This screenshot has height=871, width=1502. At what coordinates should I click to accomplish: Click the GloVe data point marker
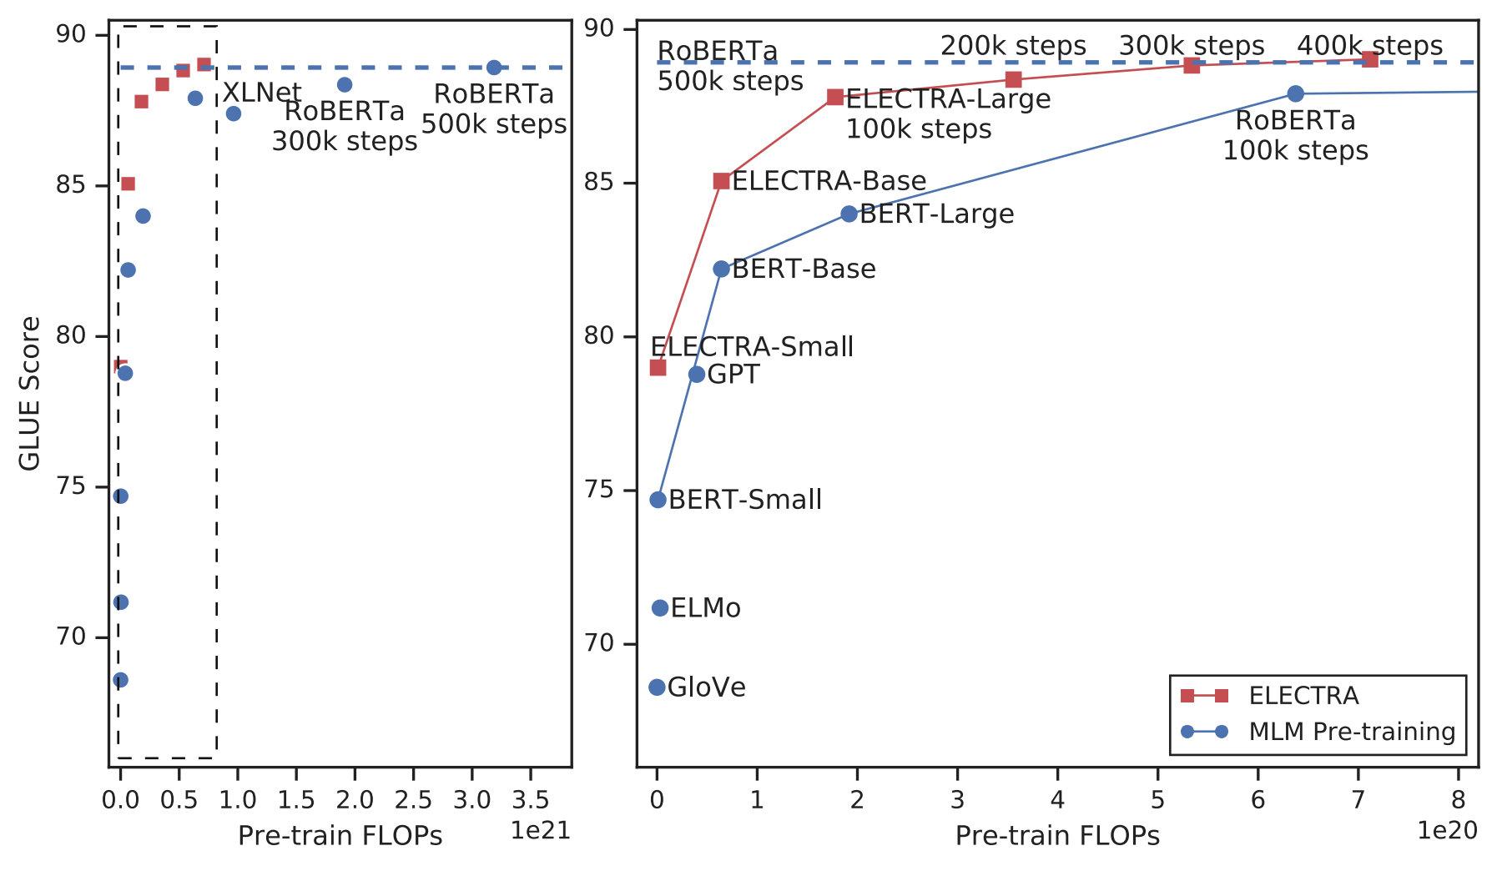pos(657,687)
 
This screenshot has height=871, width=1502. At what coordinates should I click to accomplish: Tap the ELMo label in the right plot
pos(705,608)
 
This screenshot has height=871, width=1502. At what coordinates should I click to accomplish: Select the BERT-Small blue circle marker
pos(658,500)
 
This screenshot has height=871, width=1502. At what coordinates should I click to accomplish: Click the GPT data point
pos(697,375)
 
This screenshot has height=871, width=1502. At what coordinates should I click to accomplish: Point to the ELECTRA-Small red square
pos(658,367)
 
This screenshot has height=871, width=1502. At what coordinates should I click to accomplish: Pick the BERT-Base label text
pos(803,269)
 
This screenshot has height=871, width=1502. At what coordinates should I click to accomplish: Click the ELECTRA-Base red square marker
pos(722,181)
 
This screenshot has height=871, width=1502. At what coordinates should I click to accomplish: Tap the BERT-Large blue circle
pos(849,214)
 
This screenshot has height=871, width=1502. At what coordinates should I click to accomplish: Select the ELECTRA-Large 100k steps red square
pos(834,97)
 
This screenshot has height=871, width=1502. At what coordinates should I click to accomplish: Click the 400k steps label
pos(1369,46)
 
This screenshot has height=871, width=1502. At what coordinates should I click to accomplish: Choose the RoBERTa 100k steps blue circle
pos(1295,93)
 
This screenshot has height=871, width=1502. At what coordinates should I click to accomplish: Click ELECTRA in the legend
pos(1303,696)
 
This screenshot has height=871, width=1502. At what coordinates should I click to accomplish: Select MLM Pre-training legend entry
pos(1351,732)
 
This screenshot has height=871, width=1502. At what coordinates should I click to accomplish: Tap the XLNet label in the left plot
pos(261,92)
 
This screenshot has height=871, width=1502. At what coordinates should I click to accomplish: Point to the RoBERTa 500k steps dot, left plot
pos(494,68)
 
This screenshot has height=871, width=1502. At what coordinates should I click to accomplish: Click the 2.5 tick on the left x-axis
pos(413,801)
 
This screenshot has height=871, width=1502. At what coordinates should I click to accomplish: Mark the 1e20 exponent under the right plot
pos(1447,830)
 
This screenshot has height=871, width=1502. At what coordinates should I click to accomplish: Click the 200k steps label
pos(1013,46)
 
